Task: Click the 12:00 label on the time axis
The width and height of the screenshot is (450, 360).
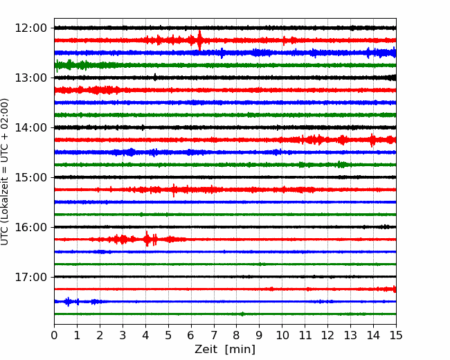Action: click(30, 28)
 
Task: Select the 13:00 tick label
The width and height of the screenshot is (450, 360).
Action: click(30, 78)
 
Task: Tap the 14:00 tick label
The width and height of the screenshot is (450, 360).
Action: click(30, 127)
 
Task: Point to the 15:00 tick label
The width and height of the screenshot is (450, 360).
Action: click(30, 177)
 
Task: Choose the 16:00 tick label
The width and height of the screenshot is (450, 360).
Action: click(30, 227)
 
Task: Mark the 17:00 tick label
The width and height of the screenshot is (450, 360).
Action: click(30, 277)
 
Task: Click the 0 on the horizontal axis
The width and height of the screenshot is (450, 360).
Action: click(54, 335)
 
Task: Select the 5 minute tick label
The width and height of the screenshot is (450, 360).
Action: click(168, 335)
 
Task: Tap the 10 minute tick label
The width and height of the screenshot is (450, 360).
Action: click(282, 335)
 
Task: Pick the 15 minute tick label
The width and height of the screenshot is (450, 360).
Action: click(396, 335)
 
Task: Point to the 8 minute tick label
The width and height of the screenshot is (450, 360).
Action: click(237, 335)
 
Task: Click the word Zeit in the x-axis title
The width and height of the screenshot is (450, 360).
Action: click(206, 349)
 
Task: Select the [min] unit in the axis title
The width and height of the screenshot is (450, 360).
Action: click(240, 350)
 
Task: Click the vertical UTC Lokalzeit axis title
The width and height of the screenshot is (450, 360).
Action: click(4, 172)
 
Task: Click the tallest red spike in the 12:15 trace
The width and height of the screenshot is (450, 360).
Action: click(200, 40)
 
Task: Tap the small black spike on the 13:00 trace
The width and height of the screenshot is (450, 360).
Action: click(155, 78)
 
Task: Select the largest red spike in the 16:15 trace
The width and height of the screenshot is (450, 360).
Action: click(147, 239)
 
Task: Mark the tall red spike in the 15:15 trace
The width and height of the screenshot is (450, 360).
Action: click(174, 190)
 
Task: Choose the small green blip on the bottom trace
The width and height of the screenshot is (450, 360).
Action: click(242, 314)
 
